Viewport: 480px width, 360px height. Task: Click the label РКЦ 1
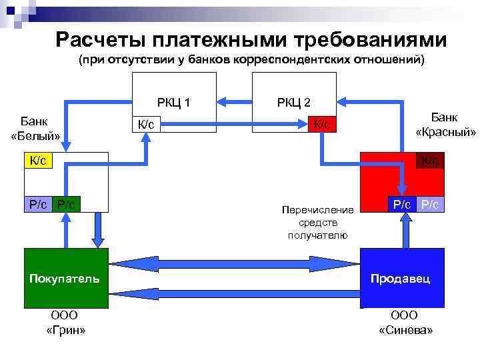pyautogui.click(x=173, y=103)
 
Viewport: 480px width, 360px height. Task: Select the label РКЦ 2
pyautogui.click(x=293, y=103)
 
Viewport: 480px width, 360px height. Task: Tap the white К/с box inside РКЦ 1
pyautogui.click(x=146, y=125)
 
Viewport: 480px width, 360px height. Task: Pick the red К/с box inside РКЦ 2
pyautogui.click(x=323, y=125)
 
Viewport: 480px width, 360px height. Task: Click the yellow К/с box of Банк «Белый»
pyautogui.click(x=37, y=161)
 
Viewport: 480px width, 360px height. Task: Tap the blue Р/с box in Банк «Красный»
pyautogui.click(x=402, y=204)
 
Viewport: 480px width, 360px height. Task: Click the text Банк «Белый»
pyautogui.click(x=35, y=129)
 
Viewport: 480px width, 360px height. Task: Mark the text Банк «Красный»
pyautogui.click(x=445, y=125)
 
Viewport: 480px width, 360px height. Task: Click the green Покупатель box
pyautogui.click(x=65, y=278)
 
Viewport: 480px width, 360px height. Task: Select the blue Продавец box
pyautogui.click(x=401, y=278)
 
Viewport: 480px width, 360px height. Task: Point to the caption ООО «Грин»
pyautogui.click(x=65, y=323)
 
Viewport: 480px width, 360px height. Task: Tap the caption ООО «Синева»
pyautogui.click(x=405, y=323)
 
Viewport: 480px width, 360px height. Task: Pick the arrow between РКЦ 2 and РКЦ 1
pyautogui.click(x=236, y=102)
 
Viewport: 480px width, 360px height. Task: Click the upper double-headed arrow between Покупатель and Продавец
pyautogui.click(x=234, y=262)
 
